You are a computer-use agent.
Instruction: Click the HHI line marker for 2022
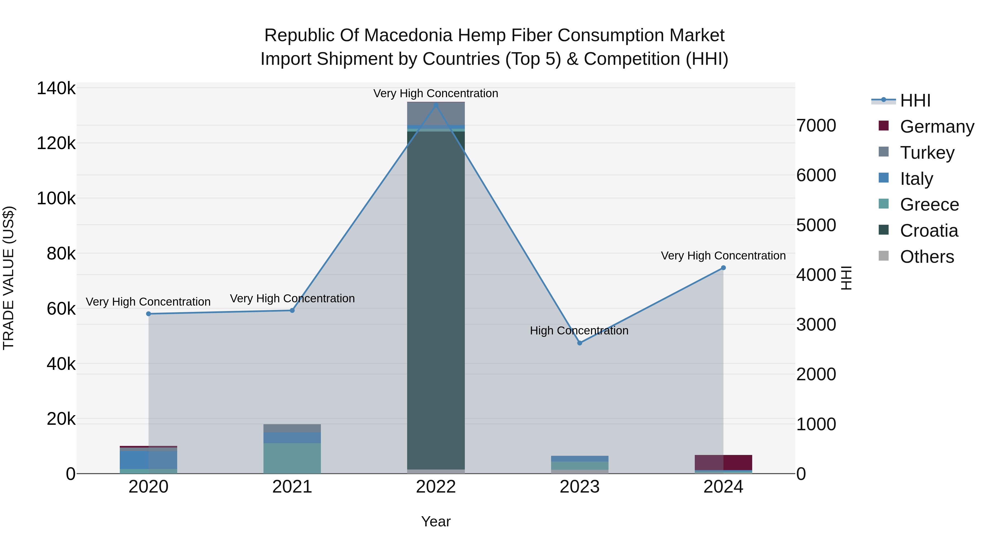pyautogui.click(x=436, y=105)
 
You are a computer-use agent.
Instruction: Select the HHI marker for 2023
pyautogui.click(x=580, y=343)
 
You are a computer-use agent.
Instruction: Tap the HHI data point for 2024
pyautogui.click(x=723, y=268)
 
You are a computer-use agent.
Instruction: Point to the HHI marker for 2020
pyautogui.click(x=149, y=314)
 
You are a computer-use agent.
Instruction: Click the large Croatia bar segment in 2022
pyautogui.click(x=436, y=299)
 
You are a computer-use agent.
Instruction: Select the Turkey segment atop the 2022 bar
pyautogui.click(x=436, y=114)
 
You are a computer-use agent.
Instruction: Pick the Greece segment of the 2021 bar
pyautogui.click(x=292, y=458)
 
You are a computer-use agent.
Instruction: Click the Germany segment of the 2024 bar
pyautogui.click(x=723, y=462)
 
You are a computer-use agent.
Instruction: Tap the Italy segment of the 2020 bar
pyautogui.click(x=149, y=460)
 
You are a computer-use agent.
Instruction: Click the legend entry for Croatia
pyautogui.click(x=929, y=231)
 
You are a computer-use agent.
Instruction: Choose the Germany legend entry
pyautogui.click(x=937, y=127)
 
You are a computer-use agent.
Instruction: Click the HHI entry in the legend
pyautogui.click(x=915, y=100)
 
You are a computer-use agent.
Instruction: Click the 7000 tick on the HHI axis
pyautogui.click(x=816, y=125)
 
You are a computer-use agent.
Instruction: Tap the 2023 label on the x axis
pyautogui.click(x=580, y=487)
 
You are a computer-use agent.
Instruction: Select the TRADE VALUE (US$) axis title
pyautogui.click(x=9, y=278)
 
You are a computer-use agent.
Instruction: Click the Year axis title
pyautogui.click(x=436, y=521)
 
